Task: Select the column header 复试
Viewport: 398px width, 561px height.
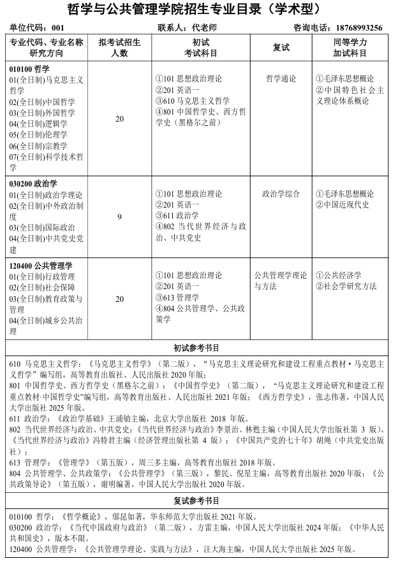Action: tap(281, 47)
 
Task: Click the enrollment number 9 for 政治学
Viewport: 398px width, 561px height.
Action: tap(119, 217)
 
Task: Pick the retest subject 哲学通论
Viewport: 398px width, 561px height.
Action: tap(281, 79)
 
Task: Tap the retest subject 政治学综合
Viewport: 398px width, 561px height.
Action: tap(281, 194)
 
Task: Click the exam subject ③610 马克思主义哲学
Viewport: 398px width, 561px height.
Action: tap(193, 101)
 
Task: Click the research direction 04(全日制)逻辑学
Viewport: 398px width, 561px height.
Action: tap(38, 124)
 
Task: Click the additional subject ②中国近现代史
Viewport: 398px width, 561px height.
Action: tap(343, 204)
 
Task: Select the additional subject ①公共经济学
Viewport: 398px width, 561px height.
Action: tap(339, 276)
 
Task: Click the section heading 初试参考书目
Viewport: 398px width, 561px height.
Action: tap(197, 348)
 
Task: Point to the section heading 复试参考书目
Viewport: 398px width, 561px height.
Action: tap(197, 501)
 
